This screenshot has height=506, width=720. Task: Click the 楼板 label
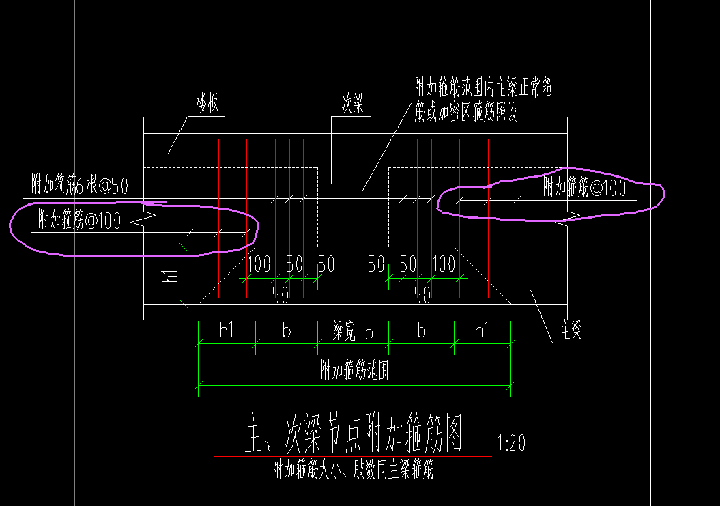click(x=207, y=102)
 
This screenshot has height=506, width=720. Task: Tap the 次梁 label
click(x=353, y=103)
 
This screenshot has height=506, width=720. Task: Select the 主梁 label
click(x=571, y=330)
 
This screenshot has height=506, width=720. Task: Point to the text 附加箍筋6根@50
click(x=80, y=184)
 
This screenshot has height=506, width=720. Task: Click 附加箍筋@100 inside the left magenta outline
click(x=79, y=220)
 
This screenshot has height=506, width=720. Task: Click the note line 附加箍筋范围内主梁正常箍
click(x=483, y=87)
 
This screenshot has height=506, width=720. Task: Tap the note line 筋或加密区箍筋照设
click(x=466, y=112)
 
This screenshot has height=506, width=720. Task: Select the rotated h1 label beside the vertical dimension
click(x=171, y=276)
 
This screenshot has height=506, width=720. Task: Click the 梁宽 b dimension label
click(x=353, y=331)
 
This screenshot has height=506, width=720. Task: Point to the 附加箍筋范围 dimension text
click(x=354, y=370)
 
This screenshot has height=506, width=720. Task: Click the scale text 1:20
click(x=511, y=442)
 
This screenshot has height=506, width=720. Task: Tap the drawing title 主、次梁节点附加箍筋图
click(x=354, y=432)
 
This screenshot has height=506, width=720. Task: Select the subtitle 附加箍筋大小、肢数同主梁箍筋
click(x=354, y=468)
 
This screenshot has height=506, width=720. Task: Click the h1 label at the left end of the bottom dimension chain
click(x=227, y=330)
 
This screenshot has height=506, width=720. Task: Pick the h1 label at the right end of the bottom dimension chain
click(x=482, y=330)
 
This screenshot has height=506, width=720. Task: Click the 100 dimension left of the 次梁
click(x=259, y=264)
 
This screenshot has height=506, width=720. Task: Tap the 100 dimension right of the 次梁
click(x=444, y=264)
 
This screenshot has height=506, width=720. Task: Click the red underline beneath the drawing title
click(x=353, y=456)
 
